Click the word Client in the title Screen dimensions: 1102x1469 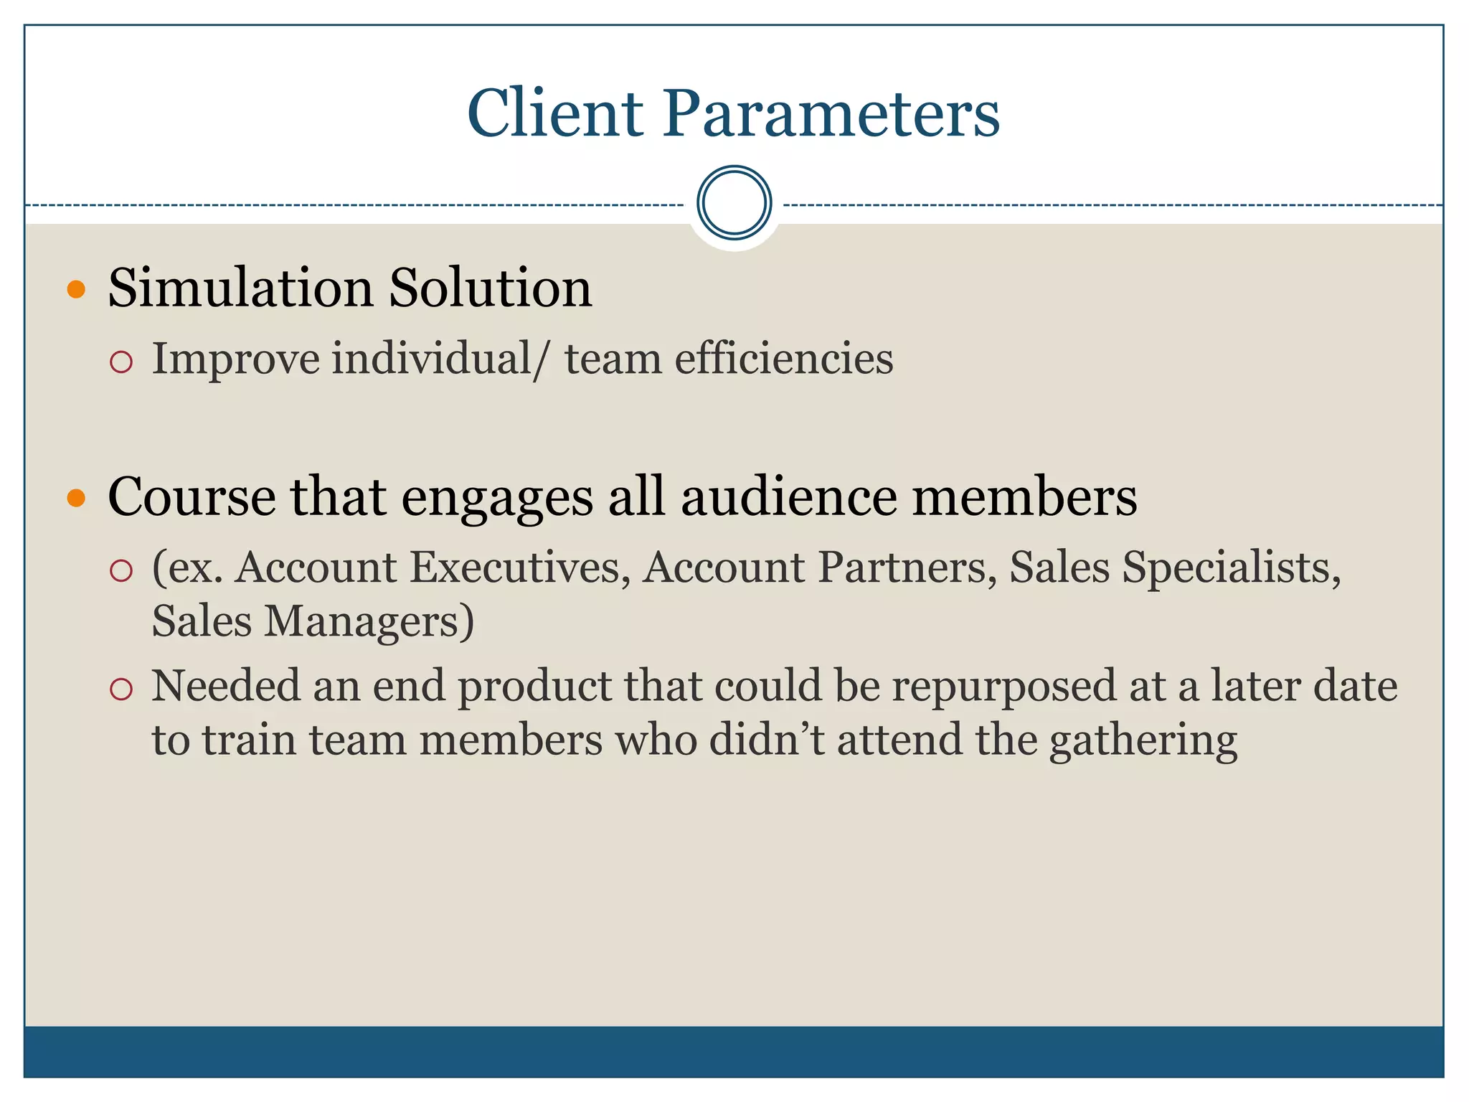click(555, 113)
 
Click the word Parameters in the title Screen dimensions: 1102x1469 click(831, 113)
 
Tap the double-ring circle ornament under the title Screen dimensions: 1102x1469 click(734, 203)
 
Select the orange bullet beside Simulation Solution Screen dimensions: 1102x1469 click(76, 290)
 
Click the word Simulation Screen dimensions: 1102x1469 click(240, 288)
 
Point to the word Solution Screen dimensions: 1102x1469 click(491, 288)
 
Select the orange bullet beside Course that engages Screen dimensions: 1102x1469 click(76, 498)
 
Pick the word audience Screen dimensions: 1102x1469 click(788, 496)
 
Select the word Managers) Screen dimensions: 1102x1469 click(369, 621)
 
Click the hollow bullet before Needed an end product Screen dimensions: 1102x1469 click(121, 689)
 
